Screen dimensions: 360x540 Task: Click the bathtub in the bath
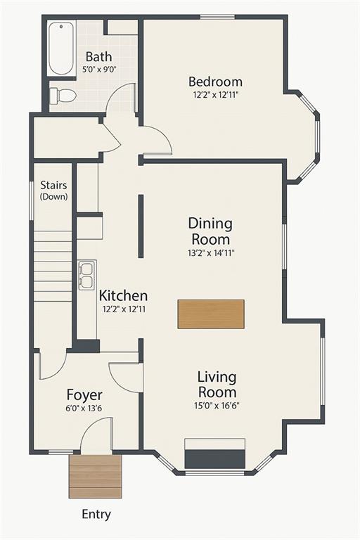(x=61, y=49)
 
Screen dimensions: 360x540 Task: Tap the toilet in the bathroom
(x=63, y=96)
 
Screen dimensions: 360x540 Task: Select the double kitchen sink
(x=86, y=275)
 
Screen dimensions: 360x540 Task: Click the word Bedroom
(x=215, y=82)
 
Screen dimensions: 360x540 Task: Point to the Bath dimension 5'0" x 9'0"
(x=99, y=69)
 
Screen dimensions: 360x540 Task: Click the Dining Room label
(x=210, y=231)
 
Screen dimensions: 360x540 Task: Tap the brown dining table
(x=211, y=314)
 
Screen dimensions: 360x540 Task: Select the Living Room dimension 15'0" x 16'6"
(x=217, y=406)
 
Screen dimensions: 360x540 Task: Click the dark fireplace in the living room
(x=215, y=459)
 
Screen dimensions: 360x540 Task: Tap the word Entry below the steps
(x=96, y=515)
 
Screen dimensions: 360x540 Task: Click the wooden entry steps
(x=96, y=477)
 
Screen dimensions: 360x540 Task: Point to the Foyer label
(x=84, y=394)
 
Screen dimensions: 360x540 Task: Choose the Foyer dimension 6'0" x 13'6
(x=84, y=409)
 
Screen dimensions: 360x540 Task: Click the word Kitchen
(x=123, y=295)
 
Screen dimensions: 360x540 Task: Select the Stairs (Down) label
(x=53, y=191)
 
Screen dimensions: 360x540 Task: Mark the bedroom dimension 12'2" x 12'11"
(x=216, y=95)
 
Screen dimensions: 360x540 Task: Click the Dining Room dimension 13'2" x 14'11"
(x=211, y=253)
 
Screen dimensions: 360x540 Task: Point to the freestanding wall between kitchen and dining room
(x=141, y=226)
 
